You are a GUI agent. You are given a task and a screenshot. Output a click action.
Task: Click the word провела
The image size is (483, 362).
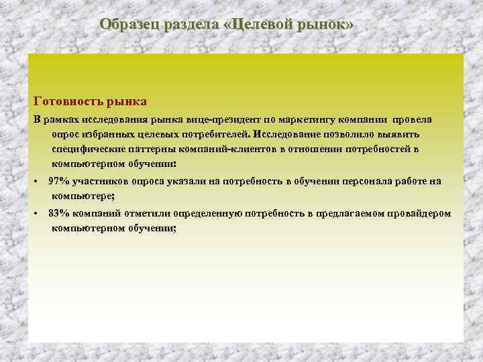pyautogui.click(x=413, y=119)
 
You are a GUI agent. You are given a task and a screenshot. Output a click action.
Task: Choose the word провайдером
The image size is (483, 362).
pyautogui.click(x=420, y=213)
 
